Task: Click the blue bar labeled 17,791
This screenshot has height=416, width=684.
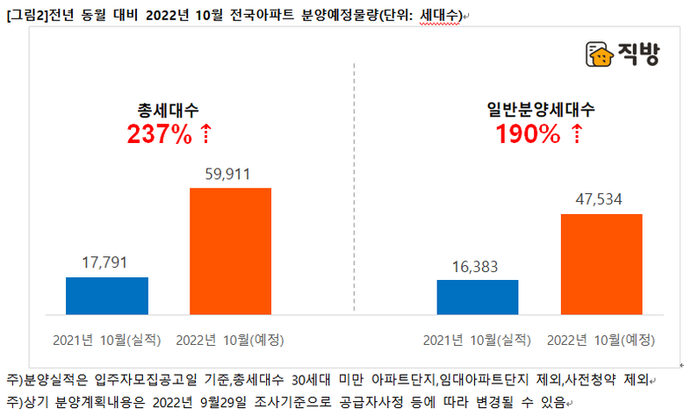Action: click(107, 295)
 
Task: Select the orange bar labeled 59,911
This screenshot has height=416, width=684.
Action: click(230, 250)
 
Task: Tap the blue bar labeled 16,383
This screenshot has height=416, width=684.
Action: click(477, 297)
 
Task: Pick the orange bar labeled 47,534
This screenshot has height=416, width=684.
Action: click(601, 263)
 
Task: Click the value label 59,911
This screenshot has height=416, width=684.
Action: click(230, 174)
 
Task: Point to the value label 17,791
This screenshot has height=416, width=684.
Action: click(107, 262)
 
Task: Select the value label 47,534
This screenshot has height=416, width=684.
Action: click(601, 199)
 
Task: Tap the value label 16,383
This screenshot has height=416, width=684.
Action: click(477, 265)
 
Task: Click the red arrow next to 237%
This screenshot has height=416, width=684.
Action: click(205, 134)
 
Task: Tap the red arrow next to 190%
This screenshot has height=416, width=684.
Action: click(576, 134)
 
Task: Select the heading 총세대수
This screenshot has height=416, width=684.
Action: click(169, 111)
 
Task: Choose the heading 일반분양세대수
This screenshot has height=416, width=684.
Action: click(541, 111)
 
